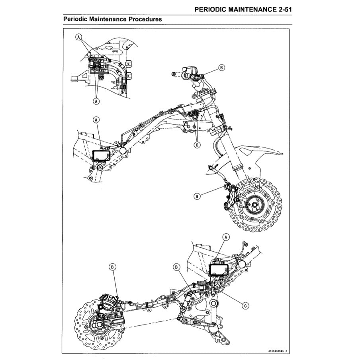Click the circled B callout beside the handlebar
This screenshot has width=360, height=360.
pyautogui.click(x=221, y=68)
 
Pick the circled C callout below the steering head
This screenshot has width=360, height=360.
pyautogui.click(x=197, y=145)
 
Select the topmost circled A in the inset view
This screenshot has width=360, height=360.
pyautogui.click(x=79, y=37)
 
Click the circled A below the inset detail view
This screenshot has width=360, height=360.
pyautogui.click(x=96, y=101)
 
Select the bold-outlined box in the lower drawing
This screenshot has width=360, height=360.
pyautogui.click(x=218, y=270)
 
